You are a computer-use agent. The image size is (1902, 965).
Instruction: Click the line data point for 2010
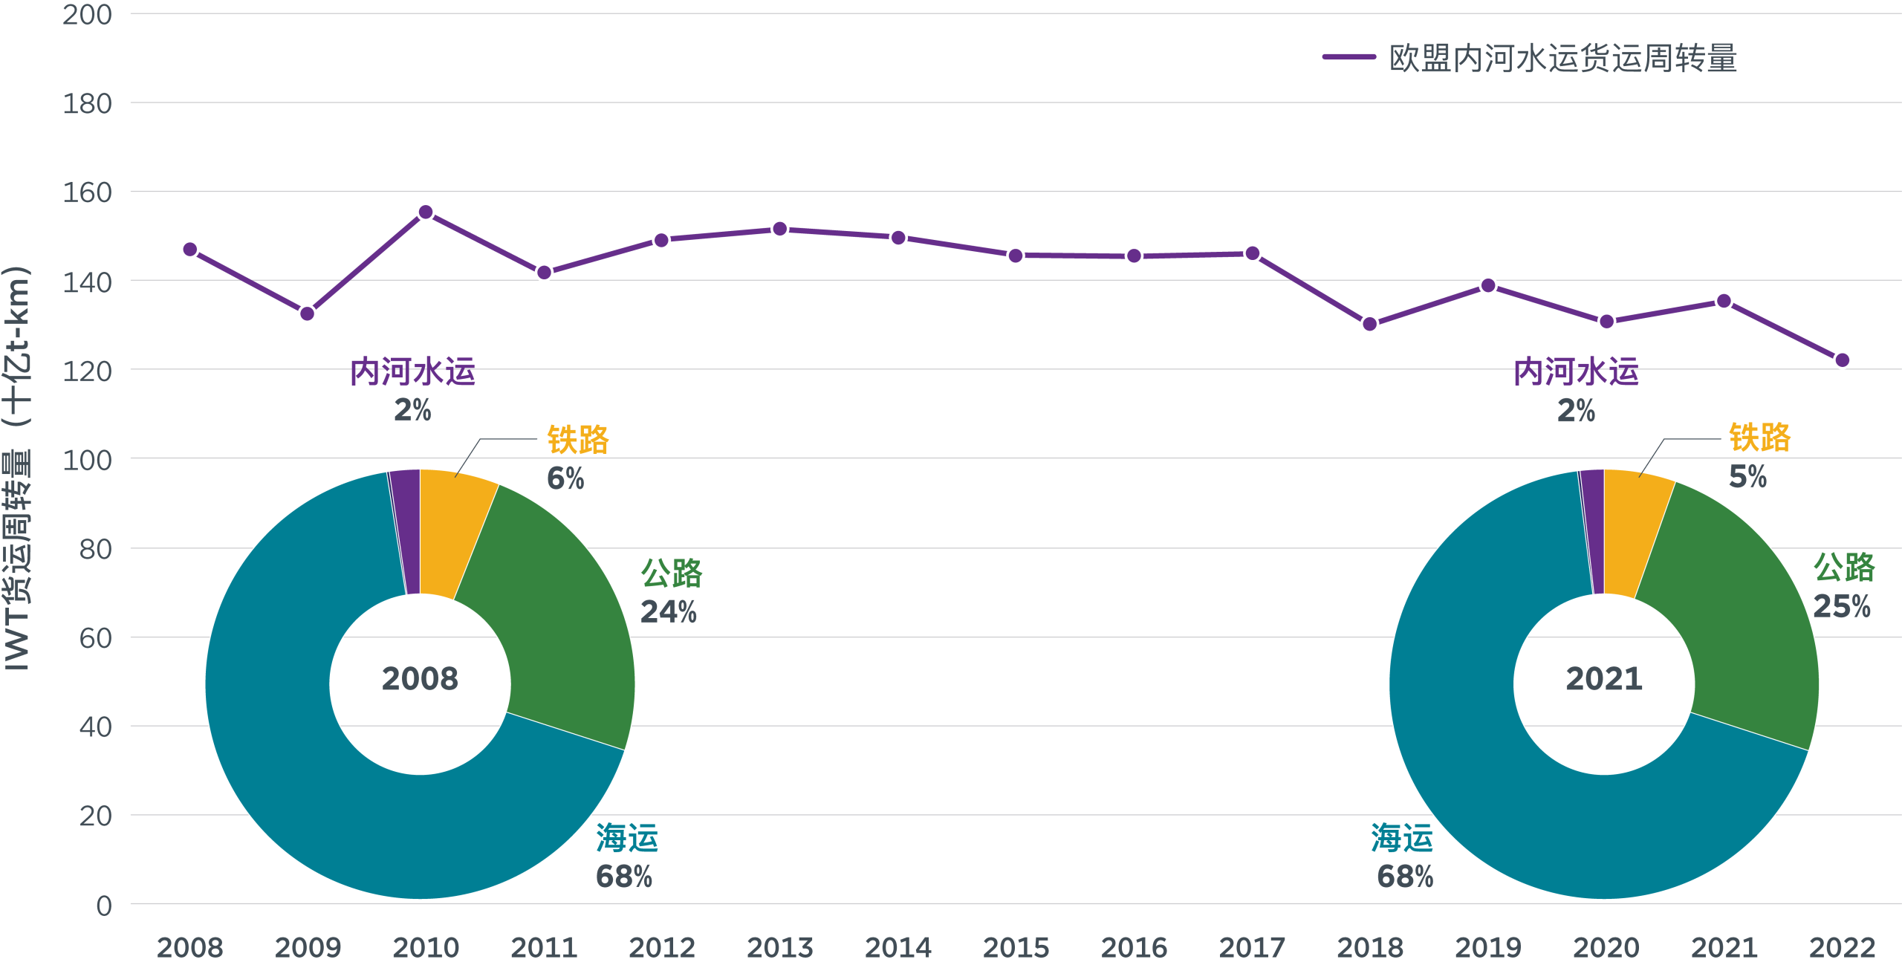pyautogui.click(x=426, y=212)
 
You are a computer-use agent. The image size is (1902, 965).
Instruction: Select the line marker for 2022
pyautogui.click(x=1842, y=360)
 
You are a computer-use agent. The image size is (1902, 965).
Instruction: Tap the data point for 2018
pyautogui.click(x=1370, y=324)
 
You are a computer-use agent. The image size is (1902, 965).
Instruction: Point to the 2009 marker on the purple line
pyautogui.click(x=308, y=314)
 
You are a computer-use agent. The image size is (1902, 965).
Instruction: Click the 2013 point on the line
pyautogui.click(x=779, y=229)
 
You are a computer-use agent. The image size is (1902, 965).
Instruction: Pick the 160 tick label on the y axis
pyautogui.click(x=87, y=193)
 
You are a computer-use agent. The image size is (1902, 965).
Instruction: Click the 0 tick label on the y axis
pyautogui.click(x=104, y=906)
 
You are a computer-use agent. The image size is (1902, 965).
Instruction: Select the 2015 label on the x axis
pyautogui.click(x=1016, y=947)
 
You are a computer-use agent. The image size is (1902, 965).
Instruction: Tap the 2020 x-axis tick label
pyautogui.click(x=1606, y=947)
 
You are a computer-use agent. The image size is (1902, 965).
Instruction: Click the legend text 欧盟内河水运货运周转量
pyautogui.click(x=1563, y=58)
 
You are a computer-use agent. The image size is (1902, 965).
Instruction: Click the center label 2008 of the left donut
pyautogui.click(x=420, y=679)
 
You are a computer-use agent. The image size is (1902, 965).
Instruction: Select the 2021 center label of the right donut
pyautogui.click(x=1604, y=679)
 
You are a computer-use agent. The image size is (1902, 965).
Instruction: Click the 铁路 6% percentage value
pyautogui.click(x=565, y=478)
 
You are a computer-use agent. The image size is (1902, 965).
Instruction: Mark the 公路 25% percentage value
pyautogui.click(x=1842, y=607)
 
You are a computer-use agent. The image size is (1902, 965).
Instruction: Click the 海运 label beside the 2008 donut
pyautogui.click(x=627, y=839)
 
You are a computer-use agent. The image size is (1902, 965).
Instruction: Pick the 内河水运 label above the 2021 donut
pyautogui.click(x=1576, y=372)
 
